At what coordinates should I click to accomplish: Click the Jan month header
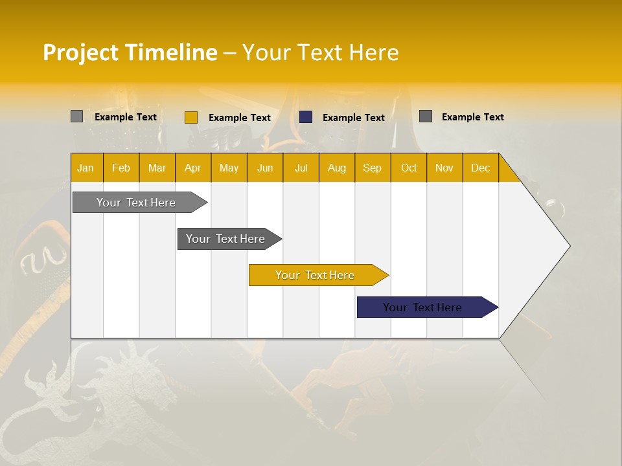pos(86,168)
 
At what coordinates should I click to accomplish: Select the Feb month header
pos(121,168)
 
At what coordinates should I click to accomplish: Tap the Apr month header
pos(193,168)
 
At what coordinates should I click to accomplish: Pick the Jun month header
pos(265,168)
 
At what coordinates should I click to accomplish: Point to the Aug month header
pos(337,168)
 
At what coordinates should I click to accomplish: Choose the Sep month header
pos(373,168)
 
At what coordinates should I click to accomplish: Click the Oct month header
pos(409,168)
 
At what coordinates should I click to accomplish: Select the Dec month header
pos(481,168)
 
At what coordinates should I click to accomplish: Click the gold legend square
pos(191,117)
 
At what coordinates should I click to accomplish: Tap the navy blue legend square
pos(306,117)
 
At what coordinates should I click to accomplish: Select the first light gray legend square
pos(77,116)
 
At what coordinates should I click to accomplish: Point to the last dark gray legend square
pos(426,116)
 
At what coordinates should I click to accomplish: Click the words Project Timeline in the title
pos(130,52)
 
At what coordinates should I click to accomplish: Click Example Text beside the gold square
pos(240,118)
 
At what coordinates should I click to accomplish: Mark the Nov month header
pos(444,168)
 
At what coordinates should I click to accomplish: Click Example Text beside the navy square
pos(354,118)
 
